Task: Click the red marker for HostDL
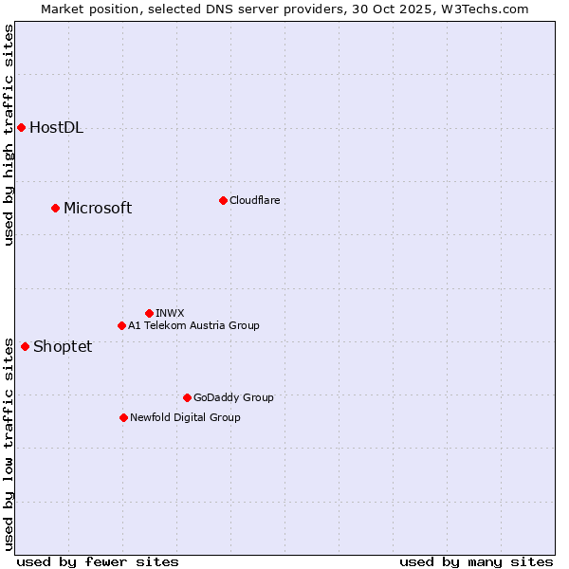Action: [21, 127]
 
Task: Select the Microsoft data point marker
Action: [55, 208]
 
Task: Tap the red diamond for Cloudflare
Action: [223, 200]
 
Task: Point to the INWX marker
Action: [149, 313]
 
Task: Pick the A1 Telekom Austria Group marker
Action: [121, 325]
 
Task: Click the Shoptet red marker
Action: [25, 346]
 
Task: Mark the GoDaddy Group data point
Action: [187, 397]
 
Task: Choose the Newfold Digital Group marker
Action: [123, 417]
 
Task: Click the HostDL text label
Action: [56, 128]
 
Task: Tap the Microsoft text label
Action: [98, 209]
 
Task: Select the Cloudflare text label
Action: [254, 200]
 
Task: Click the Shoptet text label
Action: [63, 347]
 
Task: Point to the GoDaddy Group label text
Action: [233, 397]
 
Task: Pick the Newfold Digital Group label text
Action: [185, 417]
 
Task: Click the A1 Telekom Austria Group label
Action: [193, 325]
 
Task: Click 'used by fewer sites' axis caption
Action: [98, 561]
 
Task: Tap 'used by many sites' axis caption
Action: [476, 561]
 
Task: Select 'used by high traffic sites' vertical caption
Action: [9, 135]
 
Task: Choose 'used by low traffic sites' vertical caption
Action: [9, 443]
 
